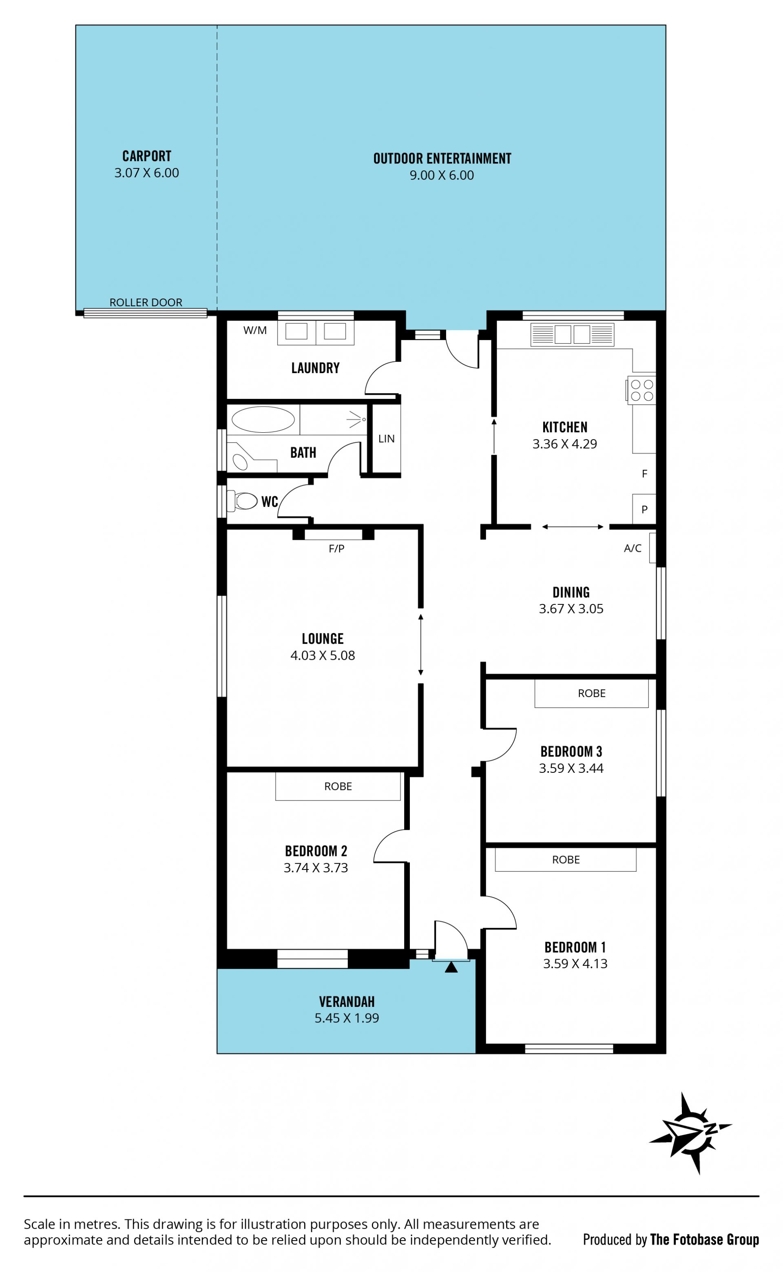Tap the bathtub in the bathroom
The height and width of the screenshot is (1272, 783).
coord(263,419)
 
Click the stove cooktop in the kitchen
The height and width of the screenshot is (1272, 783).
coord(641,390)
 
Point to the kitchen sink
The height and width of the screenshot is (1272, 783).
coord(572,334)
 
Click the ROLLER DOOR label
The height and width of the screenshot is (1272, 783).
coord(146,302)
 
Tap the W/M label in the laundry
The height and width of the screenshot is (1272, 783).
coord(255,330)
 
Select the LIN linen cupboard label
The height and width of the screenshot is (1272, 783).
coord(386,438)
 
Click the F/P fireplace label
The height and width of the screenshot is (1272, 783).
coord(336,548)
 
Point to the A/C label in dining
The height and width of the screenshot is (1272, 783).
coord(633,548)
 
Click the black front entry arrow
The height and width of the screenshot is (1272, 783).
coord(451,967)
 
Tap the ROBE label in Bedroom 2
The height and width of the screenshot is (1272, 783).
coord(338,786)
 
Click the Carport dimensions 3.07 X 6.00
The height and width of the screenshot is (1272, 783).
coord(146,173)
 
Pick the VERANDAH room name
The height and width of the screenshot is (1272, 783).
coord(347,1002)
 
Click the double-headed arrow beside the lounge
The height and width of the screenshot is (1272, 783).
coord(420,645)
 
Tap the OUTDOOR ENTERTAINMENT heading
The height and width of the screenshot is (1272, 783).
coord(442,158)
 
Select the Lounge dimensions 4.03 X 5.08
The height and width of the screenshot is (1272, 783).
coord(323,655)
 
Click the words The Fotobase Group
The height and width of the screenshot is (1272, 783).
coord(705,1239)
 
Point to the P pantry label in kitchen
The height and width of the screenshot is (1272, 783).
coord(645,509)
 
